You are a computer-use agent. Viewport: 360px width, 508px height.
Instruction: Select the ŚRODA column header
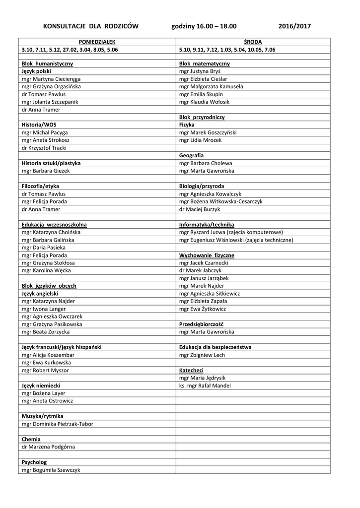pos(253,42)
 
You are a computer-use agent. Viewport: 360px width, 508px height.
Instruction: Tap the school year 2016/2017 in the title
pos(295,26)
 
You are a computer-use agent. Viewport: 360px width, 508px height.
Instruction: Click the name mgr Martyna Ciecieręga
pos(51,79)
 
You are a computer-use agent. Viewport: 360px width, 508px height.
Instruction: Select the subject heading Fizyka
pos(187,125)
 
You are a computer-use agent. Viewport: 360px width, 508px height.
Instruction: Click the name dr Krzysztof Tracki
pos(44,148)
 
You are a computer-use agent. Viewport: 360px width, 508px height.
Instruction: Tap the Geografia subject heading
pos(192,155)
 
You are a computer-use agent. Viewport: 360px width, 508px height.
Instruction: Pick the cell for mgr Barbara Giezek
pos(46,171)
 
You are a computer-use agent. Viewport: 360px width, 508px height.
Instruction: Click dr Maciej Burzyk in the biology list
pos(199,209)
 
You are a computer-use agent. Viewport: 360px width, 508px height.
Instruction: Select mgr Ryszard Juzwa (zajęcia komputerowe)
pos(231,232)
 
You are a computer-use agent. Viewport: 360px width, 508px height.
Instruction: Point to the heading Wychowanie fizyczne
pos(207,255)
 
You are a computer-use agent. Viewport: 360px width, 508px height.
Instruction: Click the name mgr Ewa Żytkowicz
pos(203,309)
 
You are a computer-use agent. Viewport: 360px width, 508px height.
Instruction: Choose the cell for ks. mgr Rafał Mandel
pos(205,385)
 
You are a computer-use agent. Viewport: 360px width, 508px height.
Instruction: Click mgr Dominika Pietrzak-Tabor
pos(58,424)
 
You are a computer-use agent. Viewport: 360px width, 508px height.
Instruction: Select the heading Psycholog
pos(34,462)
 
